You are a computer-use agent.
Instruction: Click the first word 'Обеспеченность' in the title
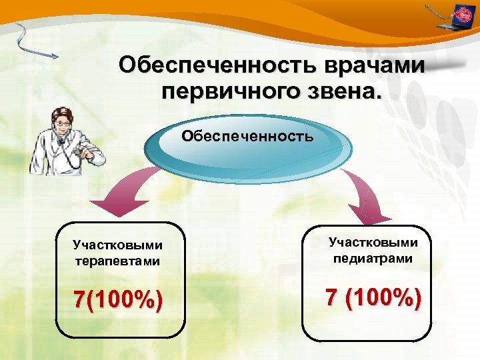coord(219,65)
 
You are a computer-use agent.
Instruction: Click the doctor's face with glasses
coord(63,123)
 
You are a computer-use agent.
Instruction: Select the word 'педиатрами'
coord(373,259)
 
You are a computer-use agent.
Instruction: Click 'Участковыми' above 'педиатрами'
coord(373,243)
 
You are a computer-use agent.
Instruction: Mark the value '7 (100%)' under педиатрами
coord(373,297)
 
